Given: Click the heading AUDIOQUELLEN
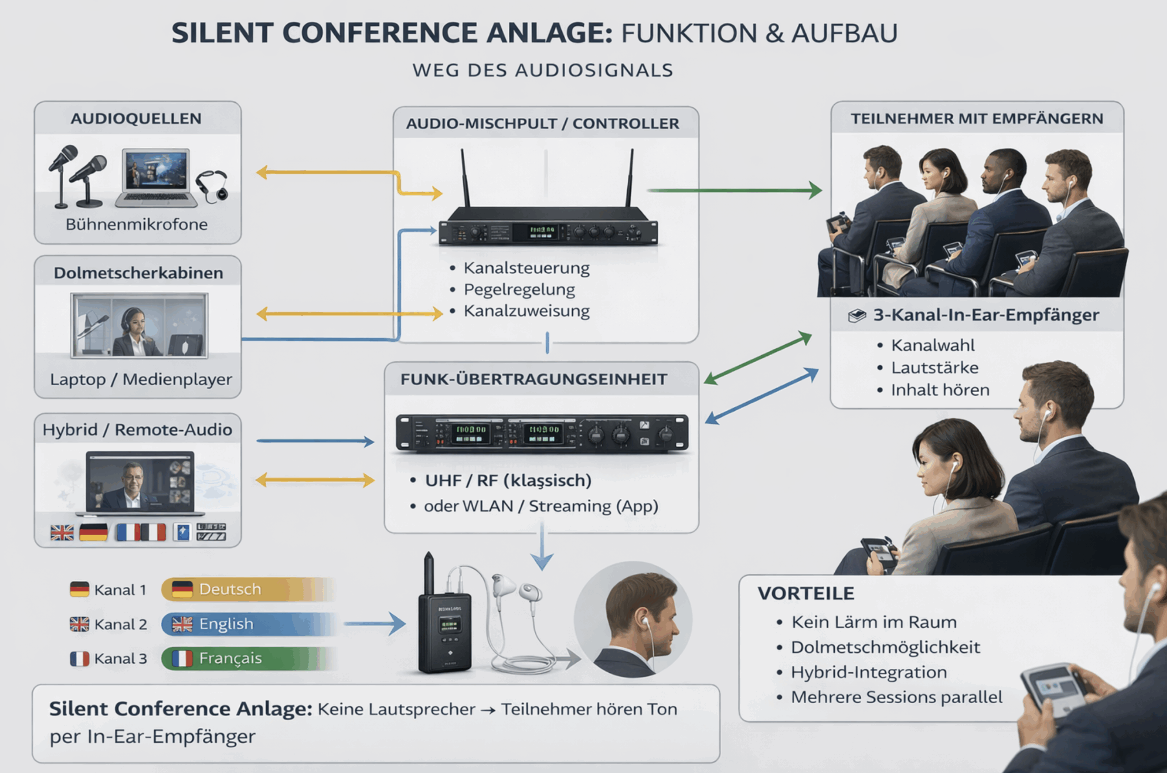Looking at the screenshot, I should tap(136, 119).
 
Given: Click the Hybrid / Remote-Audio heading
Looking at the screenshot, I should tap(137, 430).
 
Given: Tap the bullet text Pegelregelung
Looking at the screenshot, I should tap(519, 290).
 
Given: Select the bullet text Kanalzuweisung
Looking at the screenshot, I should tap(526, 312).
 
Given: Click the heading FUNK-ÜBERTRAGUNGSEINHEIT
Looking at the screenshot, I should tap(534, 379).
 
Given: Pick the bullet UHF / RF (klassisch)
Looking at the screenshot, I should tap(508, 481).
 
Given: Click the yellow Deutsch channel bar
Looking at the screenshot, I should tap(247, 589).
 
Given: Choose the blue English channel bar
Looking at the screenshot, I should tap(247, 624).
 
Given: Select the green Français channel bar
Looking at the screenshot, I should tap(247, 659).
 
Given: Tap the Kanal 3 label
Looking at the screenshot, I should tap(120, 659).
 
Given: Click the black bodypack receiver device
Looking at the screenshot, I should tap(444, 631).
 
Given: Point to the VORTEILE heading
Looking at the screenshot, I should tap(806, 594).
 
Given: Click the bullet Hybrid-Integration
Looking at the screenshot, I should tap(868, 672).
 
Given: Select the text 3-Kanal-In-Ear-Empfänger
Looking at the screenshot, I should tap(986, 316).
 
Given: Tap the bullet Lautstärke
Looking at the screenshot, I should tap(935, 368).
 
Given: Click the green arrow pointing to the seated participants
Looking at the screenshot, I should tap(735, 190).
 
